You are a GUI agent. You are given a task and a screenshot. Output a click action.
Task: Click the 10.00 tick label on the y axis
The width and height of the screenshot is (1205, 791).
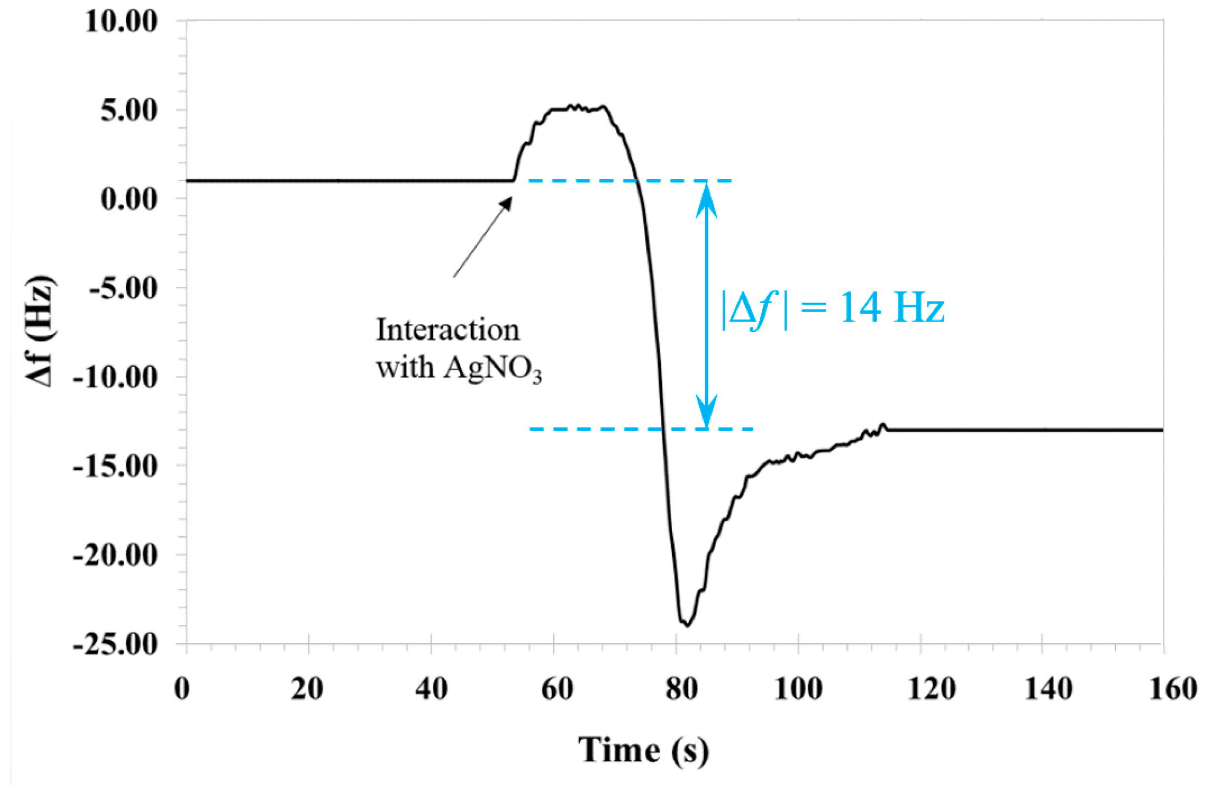click(x=122, y=23)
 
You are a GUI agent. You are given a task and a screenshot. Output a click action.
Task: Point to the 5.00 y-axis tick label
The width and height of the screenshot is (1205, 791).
click(x=129, y=111)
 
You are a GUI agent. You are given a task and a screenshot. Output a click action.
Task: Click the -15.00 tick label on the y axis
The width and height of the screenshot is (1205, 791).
click(x=116, y=466)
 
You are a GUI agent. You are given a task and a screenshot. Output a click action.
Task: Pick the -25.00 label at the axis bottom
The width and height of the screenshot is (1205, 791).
click(x=116, y=645)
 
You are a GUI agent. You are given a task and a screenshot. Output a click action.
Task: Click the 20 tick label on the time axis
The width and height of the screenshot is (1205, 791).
click(x=307, y=689)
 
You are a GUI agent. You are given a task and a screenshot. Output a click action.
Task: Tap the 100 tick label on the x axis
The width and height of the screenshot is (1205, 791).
click(x=798, y=689)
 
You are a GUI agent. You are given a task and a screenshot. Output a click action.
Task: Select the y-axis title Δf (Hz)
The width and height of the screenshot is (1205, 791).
click(x=41, y=331)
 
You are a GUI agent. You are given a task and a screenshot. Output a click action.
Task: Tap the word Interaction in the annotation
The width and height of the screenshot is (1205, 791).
click(x=448, y=331)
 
